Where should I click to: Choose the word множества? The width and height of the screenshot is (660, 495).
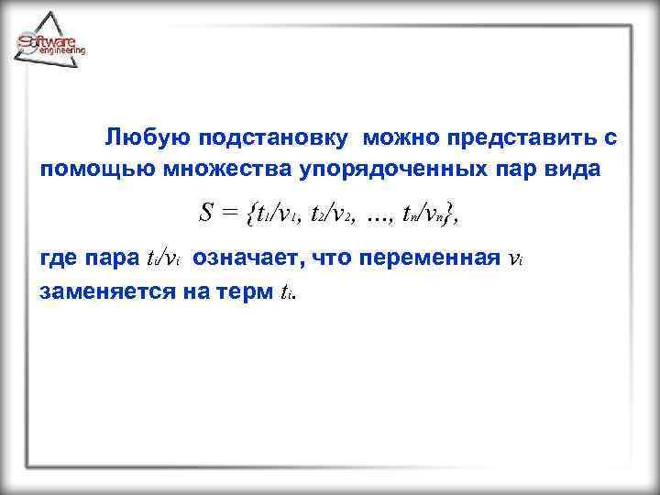tap(216, 170)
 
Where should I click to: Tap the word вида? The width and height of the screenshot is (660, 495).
tap(580, 170)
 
